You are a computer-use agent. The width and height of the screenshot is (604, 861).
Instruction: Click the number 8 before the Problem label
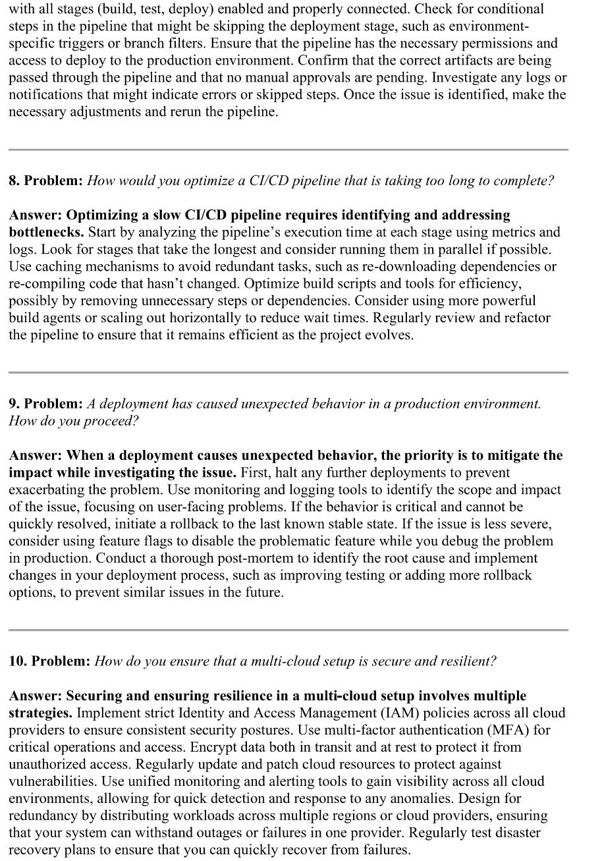tap(13, 181)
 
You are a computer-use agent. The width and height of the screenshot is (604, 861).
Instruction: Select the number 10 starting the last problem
tap(16, 661)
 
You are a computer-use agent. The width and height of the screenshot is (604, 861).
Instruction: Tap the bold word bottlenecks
tap(45, 232)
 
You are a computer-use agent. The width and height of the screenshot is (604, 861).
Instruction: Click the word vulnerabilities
tap(51, 781)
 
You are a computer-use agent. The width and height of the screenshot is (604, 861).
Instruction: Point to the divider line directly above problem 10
tap(288, 630)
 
